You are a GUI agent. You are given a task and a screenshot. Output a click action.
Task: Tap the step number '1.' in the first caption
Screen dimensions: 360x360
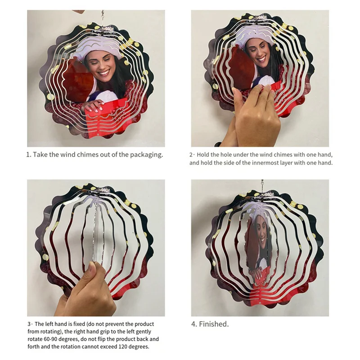click(x=28, y=154)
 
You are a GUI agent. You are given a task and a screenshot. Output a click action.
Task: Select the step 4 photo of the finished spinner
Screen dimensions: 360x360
click(x=260, y=247)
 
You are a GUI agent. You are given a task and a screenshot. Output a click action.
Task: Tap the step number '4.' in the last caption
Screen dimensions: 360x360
click(x=193, y=324)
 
